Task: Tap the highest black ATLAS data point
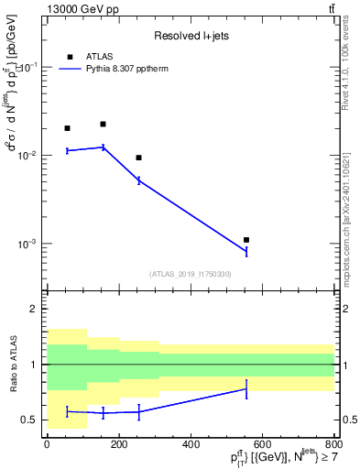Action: click(x=103, y=124)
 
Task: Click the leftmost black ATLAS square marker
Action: click(x=67, y=128)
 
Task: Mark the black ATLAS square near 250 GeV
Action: click(x=138, y=158)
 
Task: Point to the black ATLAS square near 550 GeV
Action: click(x=246, y=240)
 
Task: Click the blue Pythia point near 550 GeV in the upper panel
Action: click(x=246, y=252)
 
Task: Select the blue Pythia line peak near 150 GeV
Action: click(x=103, y=147)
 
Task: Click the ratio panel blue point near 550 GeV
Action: click(x=246, y=388)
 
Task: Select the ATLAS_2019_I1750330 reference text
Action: click(x=191, y=274)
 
